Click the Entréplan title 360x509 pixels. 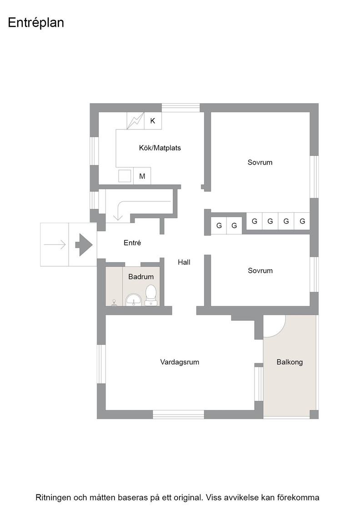[x=36, y=23]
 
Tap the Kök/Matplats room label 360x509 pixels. [x=160, y=148]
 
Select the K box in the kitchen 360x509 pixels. [x=153, y=121]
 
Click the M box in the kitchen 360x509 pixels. [x=142, y=176]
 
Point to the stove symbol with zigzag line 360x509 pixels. [x=135, y=121]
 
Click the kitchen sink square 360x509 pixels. [x=125, y=176]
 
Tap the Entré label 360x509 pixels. [x=132, y=243]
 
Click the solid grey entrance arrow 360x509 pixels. [x=84, y=245]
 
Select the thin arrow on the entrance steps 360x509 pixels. [x=55, y=245]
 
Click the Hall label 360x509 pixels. [x=184, y=262]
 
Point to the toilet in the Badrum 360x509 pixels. [x=150, y=295]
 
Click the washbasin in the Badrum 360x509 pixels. [x=134, y=299]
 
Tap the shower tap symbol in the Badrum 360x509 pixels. [x=114, y=303]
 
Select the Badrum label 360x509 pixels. [x=141, y=277]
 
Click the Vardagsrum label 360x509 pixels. [x=180, y=362]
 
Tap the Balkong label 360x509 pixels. [x=290, y=362]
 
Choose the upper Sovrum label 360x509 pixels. [x=260, y=162]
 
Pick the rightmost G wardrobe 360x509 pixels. [x=302, y=221]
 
